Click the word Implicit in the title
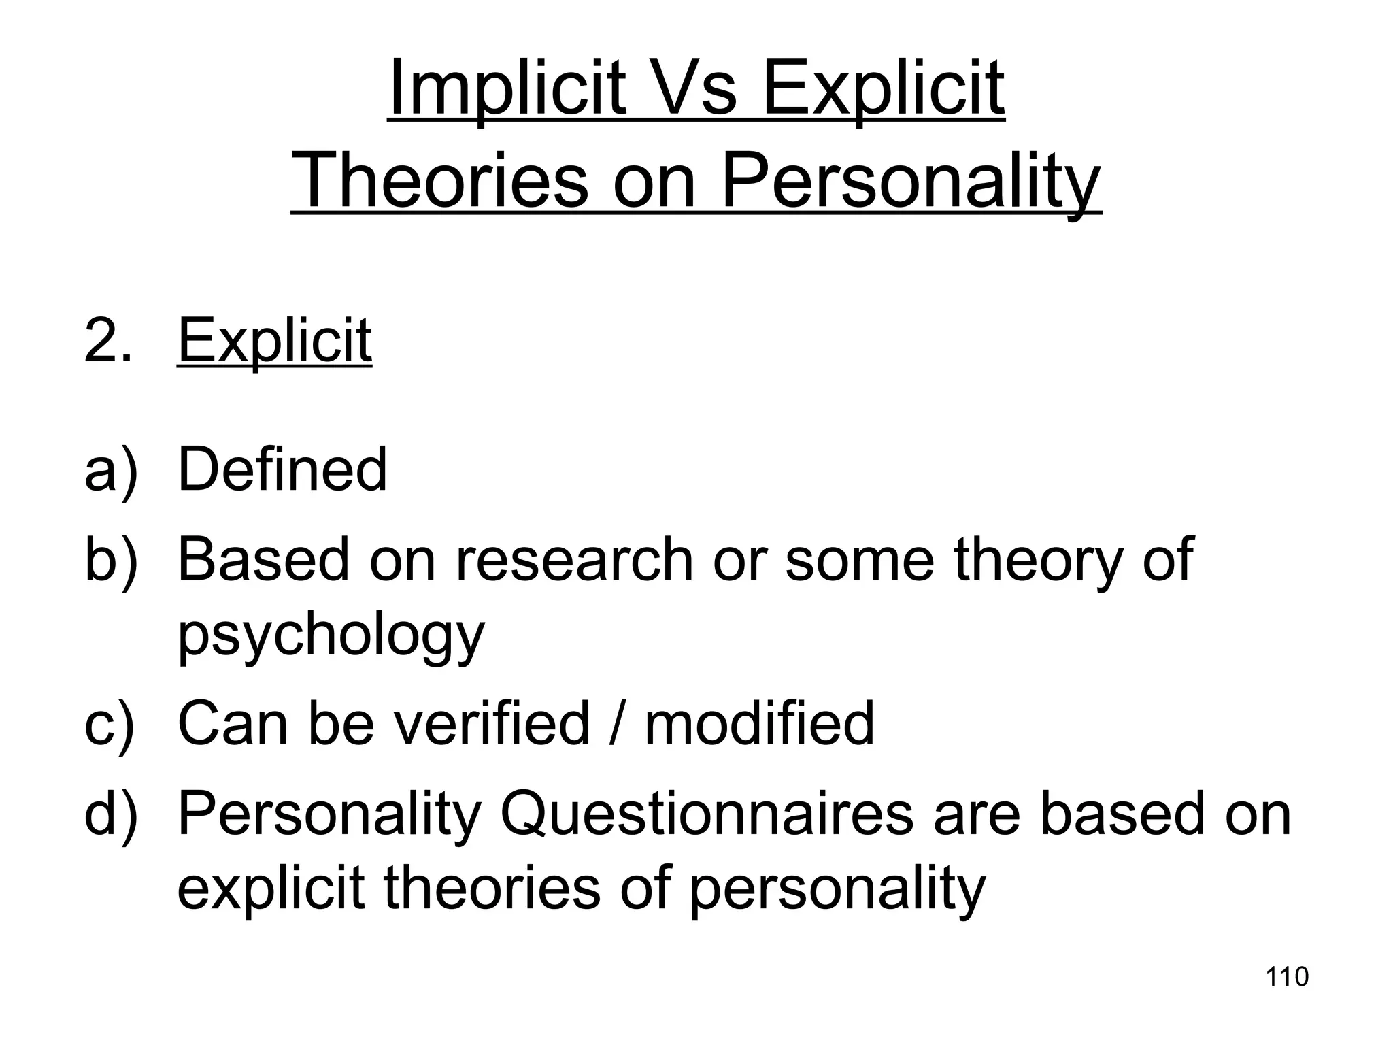click(507, 90)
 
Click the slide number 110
click(1287, 976)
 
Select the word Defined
click(282, 469)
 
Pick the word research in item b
click(573, 559)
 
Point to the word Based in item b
click(263, 559)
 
